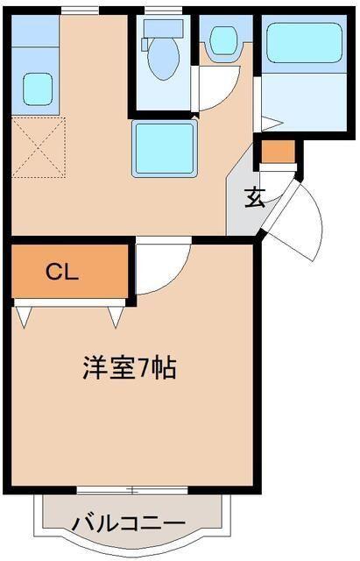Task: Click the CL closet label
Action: tap(62, 273)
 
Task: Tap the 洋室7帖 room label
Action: tap(130, 368)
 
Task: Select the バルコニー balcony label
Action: tap(129, 524)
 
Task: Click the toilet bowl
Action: tap(164, 59)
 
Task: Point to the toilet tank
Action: tap(163, 28)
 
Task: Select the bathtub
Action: tap(304, 43)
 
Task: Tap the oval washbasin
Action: tap(223, 41)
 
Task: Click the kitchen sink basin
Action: tap(38, 89)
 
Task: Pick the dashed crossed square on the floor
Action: tap(39, 147)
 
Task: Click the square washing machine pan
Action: tap(165, 148)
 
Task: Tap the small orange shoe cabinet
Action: tap(279, 152)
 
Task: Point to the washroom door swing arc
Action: tap(226, 92)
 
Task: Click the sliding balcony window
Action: tap(132, 490)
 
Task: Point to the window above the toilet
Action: tap(163, 11)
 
